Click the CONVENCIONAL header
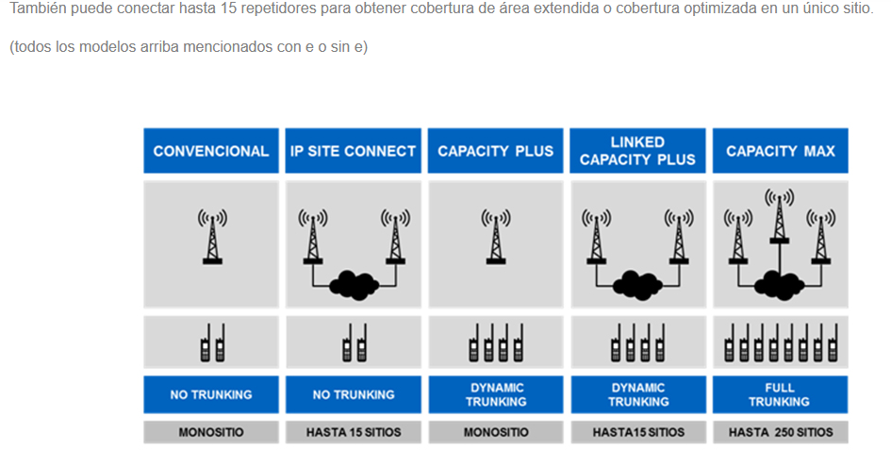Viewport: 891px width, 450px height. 211,151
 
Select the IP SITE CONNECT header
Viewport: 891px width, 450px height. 353,151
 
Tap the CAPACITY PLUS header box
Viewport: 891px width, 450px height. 496,151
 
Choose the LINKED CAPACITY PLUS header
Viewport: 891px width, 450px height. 637,151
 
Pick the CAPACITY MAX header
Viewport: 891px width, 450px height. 780,151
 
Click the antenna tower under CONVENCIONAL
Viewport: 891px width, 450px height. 212,237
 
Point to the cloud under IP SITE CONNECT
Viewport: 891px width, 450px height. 354,285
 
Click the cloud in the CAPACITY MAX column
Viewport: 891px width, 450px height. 779,285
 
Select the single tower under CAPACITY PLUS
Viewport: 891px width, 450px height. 496,237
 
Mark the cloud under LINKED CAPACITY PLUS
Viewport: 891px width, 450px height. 637,285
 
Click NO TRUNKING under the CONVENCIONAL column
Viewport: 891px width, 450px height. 211,394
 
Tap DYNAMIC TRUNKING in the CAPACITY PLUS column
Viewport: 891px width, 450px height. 496,394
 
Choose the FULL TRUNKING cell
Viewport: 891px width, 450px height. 780,394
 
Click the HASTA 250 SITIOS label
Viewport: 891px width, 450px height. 780,432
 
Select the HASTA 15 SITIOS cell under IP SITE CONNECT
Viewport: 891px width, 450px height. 353,432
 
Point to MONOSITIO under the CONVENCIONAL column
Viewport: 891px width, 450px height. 211,432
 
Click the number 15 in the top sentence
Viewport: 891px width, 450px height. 228,9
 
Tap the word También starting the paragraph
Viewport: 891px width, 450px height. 38,9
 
